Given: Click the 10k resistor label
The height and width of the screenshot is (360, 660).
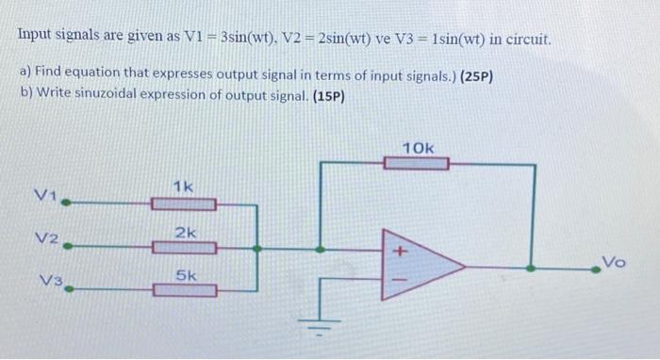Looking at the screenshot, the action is coord(418,148).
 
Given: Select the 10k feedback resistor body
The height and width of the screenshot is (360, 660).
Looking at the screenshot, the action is coord(416,164).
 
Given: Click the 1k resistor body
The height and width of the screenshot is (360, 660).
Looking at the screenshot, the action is coord(185,203).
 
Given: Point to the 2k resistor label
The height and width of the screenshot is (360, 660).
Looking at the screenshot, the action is coord(186,232).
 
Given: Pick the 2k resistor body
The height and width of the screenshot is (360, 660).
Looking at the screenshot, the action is coord(185,248).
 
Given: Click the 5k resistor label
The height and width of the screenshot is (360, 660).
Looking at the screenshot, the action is coord(186,276).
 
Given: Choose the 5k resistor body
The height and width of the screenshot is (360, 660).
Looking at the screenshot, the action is coord(185,291).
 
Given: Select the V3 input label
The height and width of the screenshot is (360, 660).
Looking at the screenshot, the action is coord(49,280).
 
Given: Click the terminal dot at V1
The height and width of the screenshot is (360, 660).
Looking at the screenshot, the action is coord(66,201).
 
